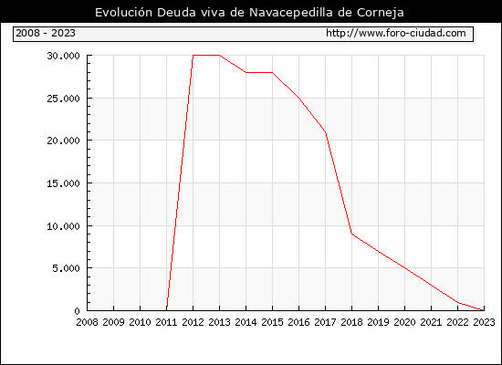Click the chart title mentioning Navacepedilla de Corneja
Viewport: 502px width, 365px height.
(249, 13)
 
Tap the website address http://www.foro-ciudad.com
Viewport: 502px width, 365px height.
(396, 33)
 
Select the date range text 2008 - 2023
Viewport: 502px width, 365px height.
(46, 33)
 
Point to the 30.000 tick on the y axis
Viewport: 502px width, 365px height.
(63, 56)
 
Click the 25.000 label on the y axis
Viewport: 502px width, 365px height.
(63, 99)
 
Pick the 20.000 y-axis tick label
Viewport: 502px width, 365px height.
(63, 141)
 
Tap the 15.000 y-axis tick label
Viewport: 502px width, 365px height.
(63, 183)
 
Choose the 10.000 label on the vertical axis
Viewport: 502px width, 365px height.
(63, 226)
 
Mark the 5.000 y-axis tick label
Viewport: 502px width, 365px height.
(66, 268)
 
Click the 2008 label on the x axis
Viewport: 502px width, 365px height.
(87, 322)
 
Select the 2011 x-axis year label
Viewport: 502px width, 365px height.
(166, 322)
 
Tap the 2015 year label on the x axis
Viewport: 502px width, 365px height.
(273, 322)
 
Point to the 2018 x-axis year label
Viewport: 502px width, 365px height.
(351, 322)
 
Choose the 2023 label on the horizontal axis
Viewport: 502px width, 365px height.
(484, 322)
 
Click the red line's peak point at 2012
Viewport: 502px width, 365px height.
(193, 55)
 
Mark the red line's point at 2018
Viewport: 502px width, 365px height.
(351, 234)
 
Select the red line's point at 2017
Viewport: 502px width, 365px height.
(325, 132)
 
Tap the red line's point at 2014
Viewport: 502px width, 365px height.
(246, 72)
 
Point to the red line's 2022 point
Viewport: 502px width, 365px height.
(458, 302)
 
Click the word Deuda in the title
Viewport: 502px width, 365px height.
(176, 13)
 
